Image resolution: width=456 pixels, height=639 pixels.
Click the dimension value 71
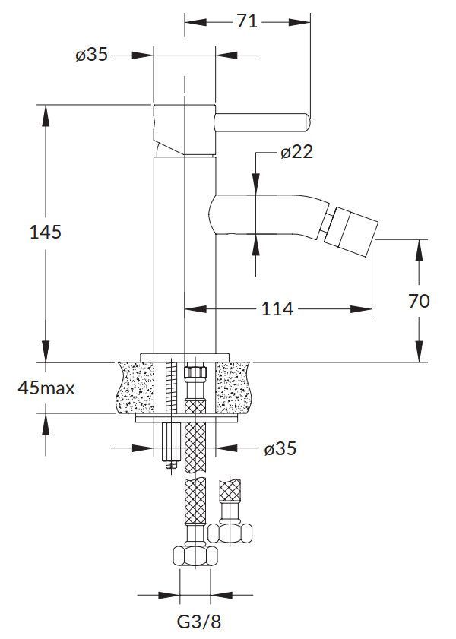click(247, 21)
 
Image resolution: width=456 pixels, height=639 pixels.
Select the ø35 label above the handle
click(91, 54)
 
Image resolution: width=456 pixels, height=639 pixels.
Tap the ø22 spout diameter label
click(296, 152)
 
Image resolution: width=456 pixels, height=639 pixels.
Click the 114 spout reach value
click(278, 308)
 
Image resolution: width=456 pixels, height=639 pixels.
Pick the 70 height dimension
click(419, 301)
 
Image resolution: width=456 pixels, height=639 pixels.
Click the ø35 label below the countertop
click(280, 448)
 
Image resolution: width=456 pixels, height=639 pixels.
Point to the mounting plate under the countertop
click(185, 417)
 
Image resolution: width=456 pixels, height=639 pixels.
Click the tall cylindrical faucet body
click(185, 251)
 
